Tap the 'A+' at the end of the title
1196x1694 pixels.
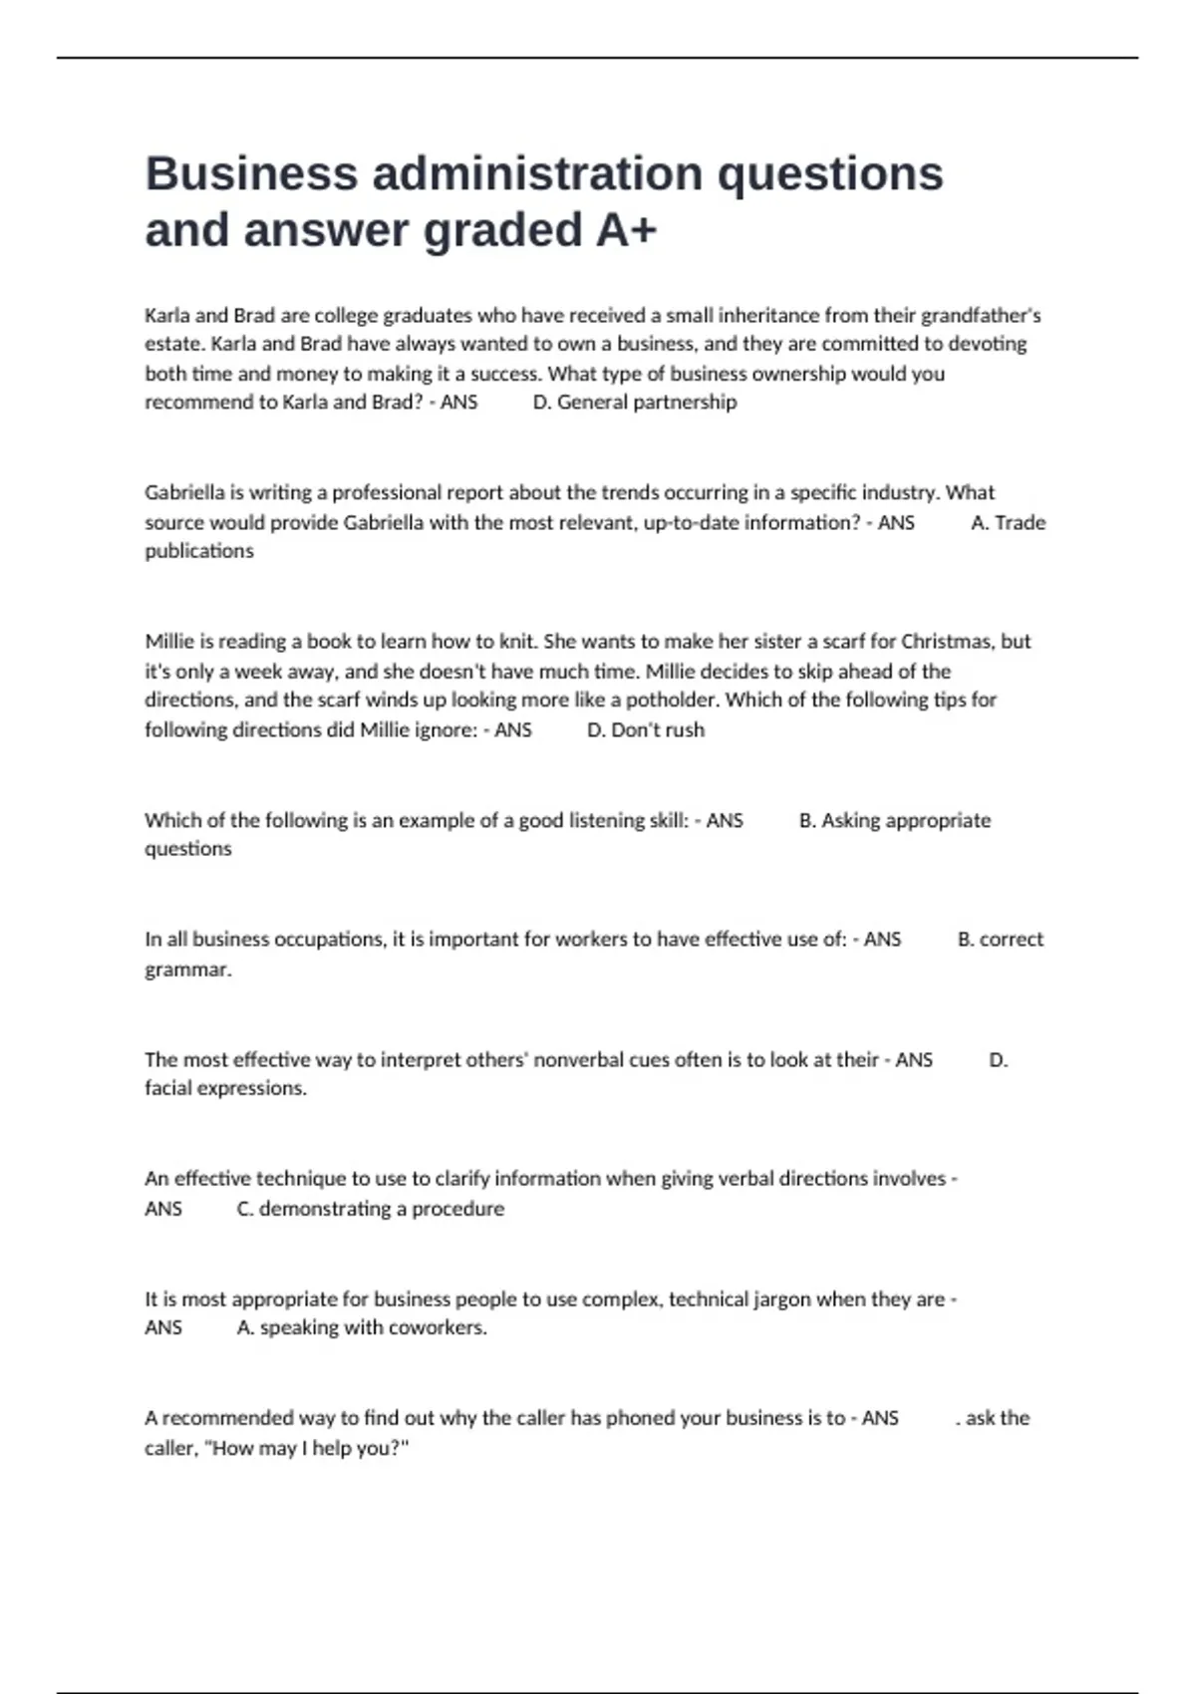626,230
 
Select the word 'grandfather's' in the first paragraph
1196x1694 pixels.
981,316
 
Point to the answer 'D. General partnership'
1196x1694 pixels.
635,403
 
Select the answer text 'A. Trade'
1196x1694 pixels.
1008,523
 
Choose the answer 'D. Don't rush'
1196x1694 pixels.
645,730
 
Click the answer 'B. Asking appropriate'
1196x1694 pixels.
894,821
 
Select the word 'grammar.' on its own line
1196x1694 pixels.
188,970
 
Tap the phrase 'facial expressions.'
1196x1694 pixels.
225,1089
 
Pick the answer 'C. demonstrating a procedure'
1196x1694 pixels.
370,1209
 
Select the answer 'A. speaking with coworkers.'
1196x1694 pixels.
362,1328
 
